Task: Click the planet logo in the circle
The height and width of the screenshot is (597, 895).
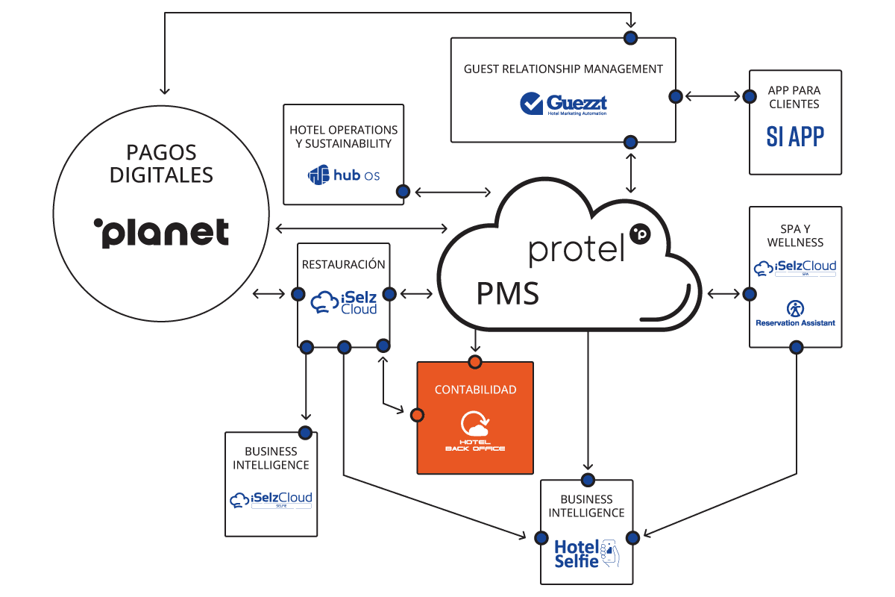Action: point(161,232)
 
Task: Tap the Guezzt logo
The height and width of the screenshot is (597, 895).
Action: point(564,104)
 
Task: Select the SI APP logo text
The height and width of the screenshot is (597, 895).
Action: point(795,136)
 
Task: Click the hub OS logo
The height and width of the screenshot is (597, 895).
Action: point(344,175)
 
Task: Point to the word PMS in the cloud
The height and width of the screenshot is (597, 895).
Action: point(507,293)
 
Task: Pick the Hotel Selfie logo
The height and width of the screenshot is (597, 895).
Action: point(586,553)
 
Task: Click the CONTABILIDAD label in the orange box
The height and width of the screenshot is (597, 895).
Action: point(475,390)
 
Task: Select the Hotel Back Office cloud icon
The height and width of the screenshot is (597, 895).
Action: point(475,425)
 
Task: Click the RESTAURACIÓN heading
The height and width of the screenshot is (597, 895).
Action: point(343,264)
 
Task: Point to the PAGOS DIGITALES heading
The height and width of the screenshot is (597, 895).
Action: point(161,163)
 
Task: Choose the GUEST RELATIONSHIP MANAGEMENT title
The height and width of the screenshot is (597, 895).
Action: point(563,69)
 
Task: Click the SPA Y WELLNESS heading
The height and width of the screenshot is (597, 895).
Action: point(795,234)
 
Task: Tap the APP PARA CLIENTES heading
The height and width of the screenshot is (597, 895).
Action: point(795,96)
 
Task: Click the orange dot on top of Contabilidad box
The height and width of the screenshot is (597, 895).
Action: point(475,362)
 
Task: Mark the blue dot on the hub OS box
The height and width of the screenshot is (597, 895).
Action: point(403,192)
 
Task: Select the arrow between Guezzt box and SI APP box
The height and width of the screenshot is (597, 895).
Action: point(713,96)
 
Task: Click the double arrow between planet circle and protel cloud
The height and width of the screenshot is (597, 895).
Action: point(360,228)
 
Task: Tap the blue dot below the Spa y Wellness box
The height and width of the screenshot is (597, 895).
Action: point(796,347)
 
